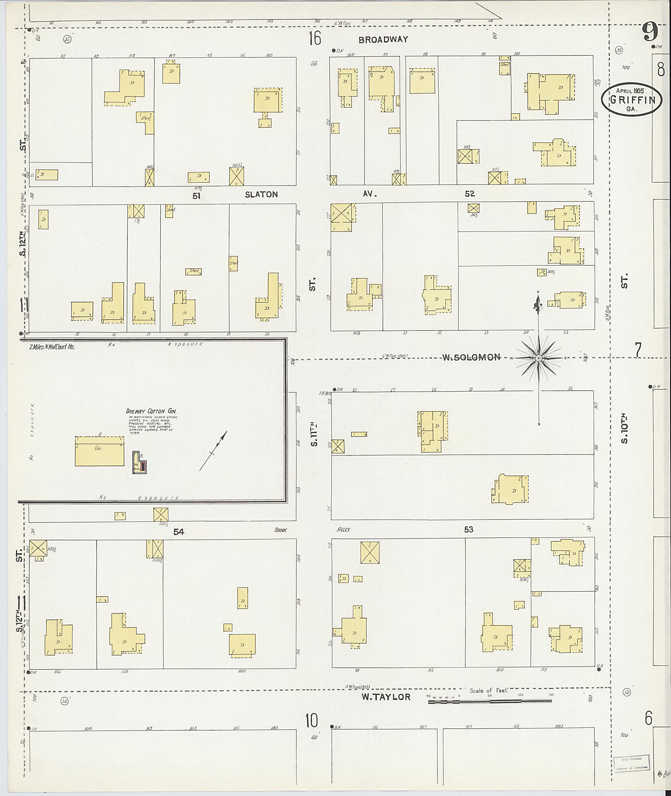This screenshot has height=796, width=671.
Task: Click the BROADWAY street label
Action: pyautogui.click(x=383, y=39)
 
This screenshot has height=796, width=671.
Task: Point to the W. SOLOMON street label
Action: pyautogui.click(x=471, y=357)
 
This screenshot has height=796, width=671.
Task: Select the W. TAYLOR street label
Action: pyautogui.click(x=386, y=697)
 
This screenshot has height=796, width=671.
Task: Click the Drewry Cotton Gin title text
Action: pyautogui.click(x=151, y=411)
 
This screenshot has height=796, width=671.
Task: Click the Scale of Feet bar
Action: pyautogui.click(x=490, y=701)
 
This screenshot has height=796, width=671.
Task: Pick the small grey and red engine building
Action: pyautogui.click(x=139, y=462)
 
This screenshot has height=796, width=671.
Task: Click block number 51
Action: pyautogui.click(x=196, y=196)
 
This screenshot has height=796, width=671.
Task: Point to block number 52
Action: pyautogui.click(x=470, y=194)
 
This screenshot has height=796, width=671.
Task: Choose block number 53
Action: pyautogui.click(x=468, y=529)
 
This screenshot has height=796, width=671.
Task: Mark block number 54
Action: pyautogui.click(x=179, y=532)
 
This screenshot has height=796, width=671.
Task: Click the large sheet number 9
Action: pyautogui.click(x=650, y=32)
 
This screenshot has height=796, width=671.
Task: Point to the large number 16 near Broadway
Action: pyautogui.click(x=315, y=38)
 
